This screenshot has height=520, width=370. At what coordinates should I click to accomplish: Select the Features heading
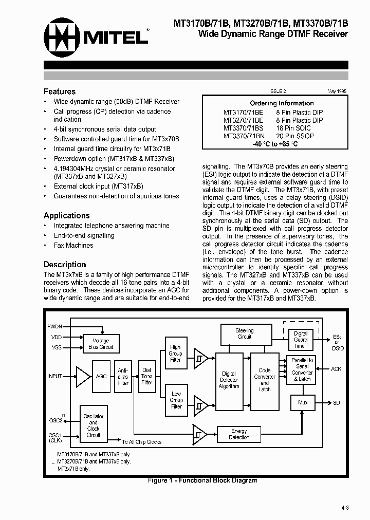pos(60,91)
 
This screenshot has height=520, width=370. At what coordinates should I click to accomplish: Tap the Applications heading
pos(67,215)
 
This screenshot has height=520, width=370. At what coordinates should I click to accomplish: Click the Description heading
pos(65,264)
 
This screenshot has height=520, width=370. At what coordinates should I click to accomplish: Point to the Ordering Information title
pos(282,103)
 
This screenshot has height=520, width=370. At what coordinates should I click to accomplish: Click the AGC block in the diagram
pos(101,376)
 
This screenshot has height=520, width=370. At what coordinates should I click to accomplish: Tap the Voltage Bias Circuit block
pos(101,344)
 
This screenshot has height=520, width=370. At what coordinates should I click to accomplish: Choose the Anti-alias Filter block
pos(123,376)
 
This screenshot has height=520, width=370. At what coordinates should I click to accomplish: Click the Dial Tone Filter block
pos(147,376)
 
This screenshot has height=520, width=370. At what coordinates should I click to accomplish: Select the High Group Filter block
pos(176,354)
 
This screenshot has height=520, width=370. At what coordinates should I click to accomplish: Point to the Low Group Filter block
pos(176,400)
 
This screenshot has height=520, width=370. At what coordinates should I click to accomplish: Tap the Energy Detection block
pos(239,434)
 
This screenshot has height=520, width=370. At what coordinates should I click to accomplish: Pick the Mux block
pos(303,403)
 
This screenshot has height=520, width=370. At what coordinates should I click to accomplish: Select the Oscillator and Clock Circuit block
pos(93,425)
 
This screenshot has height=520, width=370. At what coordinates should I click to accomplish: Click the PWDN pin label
pos(54,327)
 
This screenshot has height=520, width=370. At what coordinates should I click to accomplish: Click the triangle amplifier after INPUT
pos(82,376)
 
